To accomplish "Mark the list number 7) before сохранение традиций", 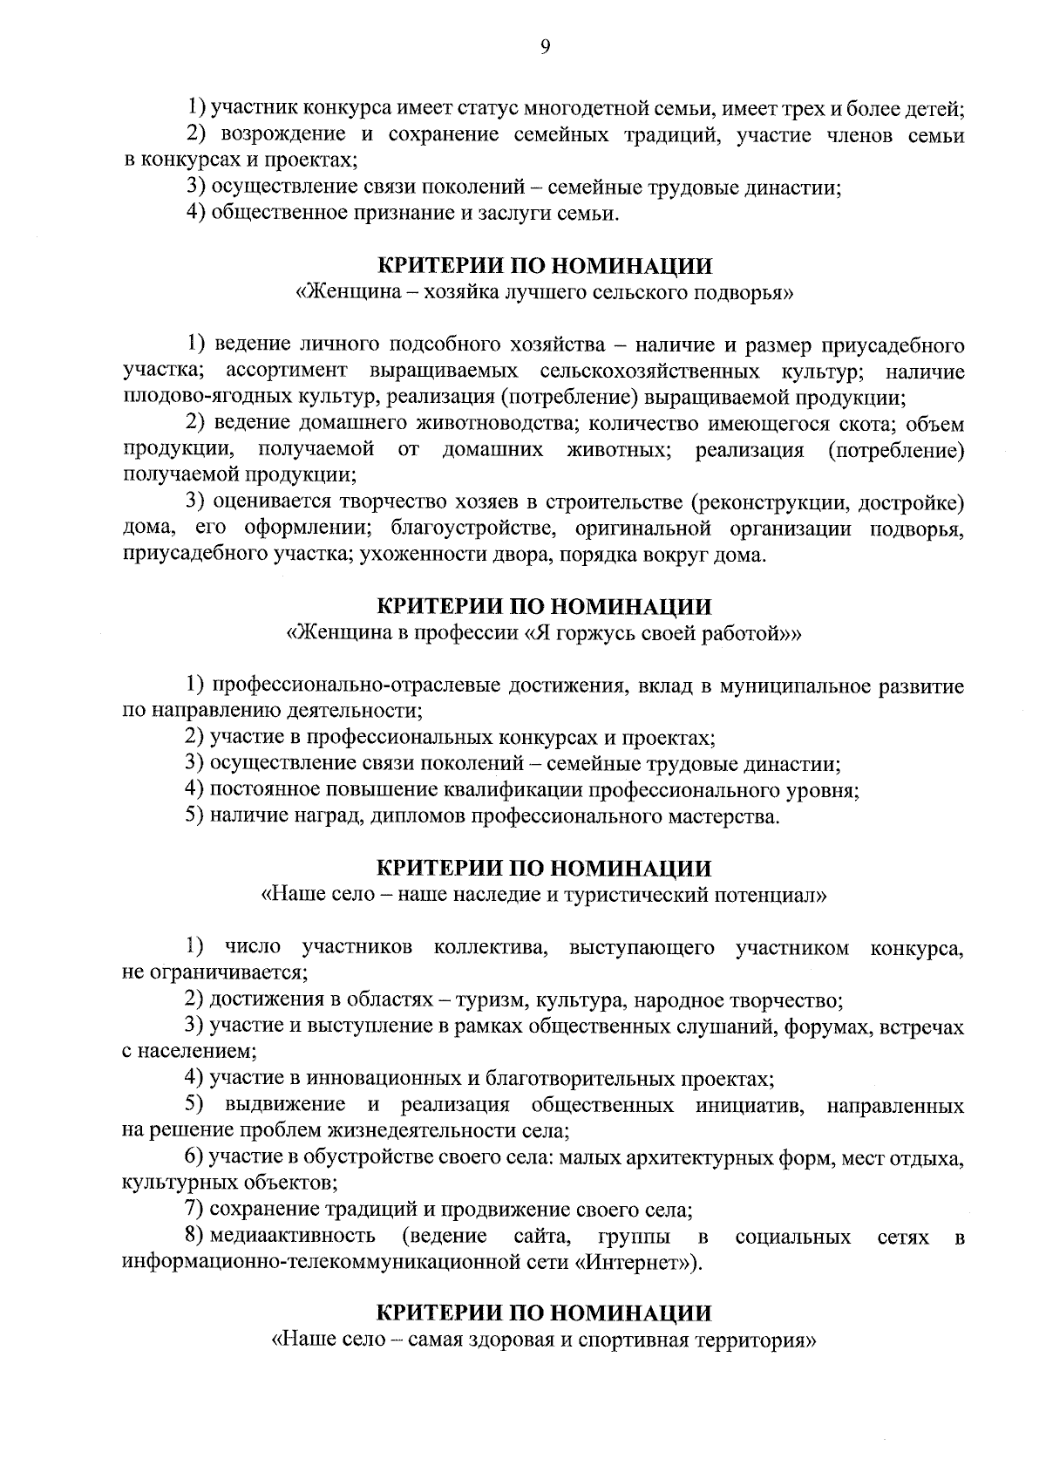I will [x=195, y=1210].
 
